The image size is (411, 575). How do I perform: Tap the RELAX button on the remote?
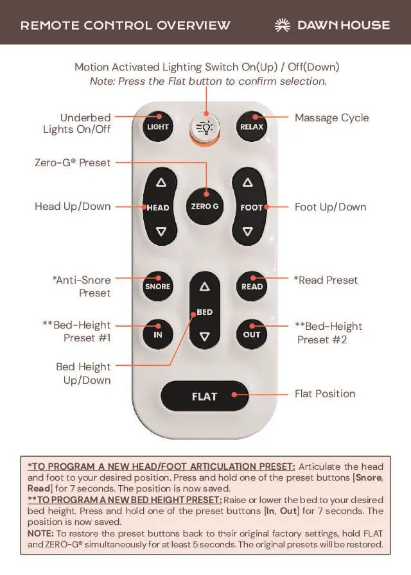tap(252, 126)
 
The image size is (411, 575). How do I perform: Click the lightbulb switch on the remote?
tap(205, 127)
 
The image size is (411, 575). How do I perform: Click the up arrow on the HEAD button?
tap(161, 182)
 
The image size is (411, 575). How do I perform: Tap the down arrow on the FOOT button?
tap(248, 232)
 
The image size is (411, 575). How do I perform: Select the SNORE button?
tap(158, 286)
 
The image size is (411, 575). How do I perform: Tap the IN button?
tap(158, 334)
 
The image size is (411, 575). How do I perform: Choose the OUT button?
tap(251, 334)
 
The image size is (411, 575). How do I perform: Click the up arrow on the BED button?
tap(205, 287)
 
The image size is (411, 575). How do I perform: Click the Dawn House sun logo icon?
tap(282, 25)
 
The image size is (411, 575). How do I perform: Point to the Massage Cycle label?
tap(332, 118)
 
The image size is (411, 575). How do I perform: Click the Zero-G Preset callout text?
tap(73, 162)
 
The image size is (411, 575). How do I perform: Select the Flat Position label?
tap(325, 394)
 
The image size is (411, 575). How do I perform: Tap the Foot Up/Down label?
tap(330, 207)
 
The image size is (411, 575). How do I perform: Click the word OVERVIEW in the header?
tap(193, 25)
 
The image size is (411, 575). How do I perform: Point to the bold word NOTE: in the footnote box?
tap(40, 533)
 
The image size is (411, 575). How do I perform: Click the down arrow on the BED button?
tap(205, 336)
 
